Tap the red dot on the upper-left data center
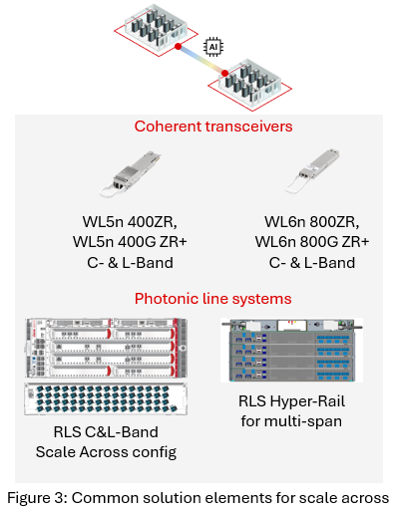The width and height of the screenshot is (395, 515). point(178,46)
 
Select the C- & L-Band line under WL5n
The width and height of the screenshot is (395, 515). point(124,263)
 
